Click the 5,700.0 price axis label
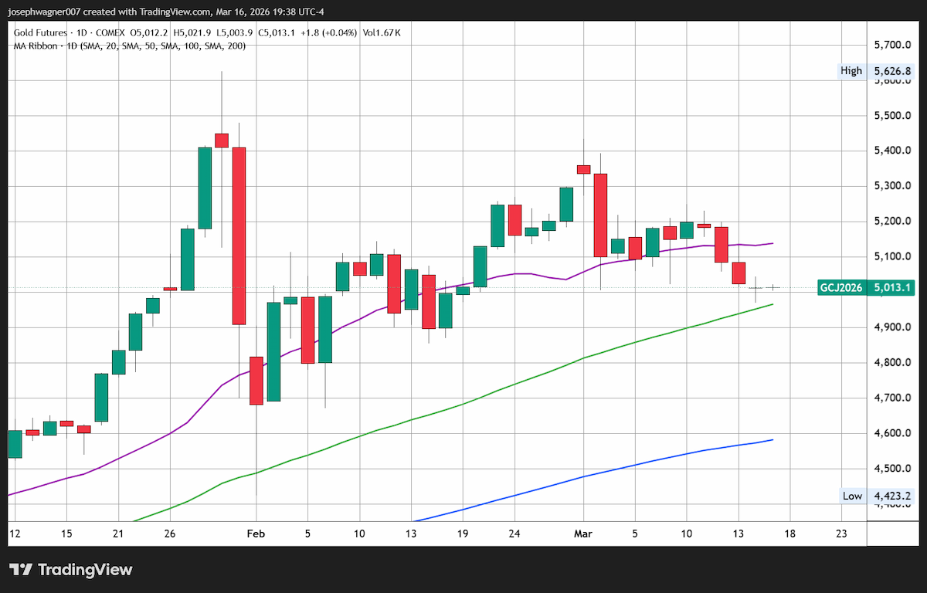pyautogui.click(x=892, y=45)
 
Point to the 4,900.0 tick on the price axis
pyautogui.click(x=892, y=327)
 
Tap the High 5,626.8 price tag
pyautogui.click(x=875, y=71)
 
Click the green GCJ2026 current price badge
pyautogui.click(x=866, y=287)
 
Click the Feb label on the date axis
pyautogui.click(x=256, y=534)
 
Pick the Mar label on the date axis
pyautogui.click(x=582, y=534)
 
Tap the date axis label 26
pyautogui.click(x=170, y=534)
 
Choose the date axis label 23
pyautogui.click(x=841, y=534)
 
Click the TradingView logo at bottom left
pyautogui.click(x=71, y=570)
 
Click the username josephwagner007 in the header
pyautogui.click(x=44, y=12)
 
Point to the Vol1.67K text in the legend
pyautogui.click(x=382, y=32)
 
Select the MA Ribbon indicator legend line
pyautogui.click(x=130, y=46)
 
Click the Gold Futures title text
pyautogui.click(x=40, y=32)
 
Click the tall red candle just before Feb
pyautogui.click(x=239, y=236)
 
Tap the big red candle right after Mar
pyautogui.click(x=600, y=215)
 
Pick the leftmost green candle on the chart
pyautogui.click(x=15, y=444)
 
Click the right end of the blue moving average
pyautogui.click(x=773, y=439)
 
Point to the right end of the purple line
pyautogui.click(x=773, y=243)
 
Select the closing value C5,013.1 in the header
pyautogui.click(x=277, y=32)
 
